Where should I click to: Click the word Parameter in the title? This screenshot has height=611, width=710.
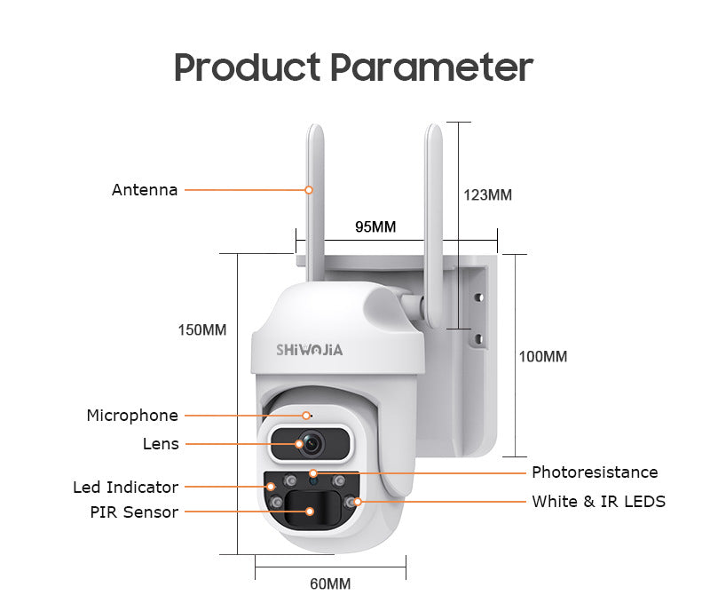[431, 67]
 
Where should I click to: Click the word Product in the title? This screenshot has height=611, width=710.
[247, 67]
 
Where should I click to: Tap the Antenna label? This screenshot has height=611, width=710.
[145, 189]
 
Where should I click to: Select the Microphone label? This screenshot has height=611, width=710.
[132, 416]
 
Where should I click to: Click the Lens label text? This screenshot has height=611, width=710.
[161, 443]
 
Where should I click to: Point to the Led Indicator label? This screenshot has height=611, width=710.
[125, 487]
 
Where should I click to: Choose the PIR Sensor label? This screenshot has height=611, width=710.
[134, 512]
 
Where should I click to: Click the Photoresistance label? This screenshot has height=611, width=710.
[595, 472]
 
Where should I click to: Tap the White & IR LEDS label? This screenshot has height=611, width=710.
[598, 501]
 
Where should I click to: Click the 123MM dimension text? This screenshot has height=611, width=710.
[487, 194]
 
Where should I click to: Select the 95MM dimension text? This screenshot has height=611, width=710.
[375, 226]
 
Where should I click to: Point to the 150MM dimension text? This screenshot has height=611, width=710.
[202, 329]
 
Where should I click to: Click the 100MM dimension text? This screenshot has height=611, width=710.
[542, 356]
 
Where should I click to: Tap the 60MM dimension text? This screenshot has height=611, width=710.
[330, 583]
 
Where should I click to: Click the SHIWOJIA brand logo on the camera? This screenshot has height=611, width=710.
[310, 349]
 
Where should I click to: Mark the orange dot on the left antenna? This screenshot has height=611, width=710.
[309, 189]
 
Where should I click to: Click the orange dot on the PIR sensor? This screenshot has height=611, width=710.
[310, 512]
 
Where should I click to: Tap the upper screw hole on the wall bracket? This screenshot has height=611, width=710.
[478, 299]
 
